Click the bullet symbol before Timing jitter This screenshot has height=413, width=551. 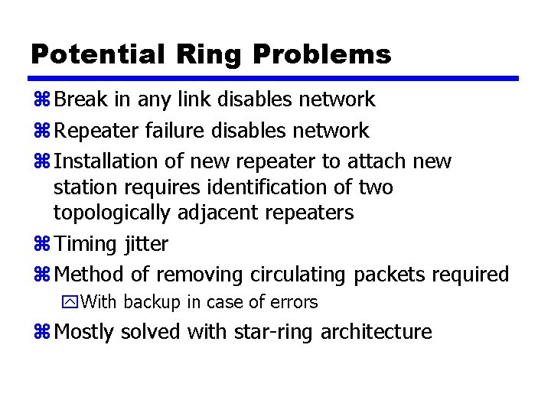click(41, 245)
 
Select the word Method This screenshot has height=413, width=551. click(86, 274)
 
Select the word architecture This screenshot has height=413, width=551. click(377, 332)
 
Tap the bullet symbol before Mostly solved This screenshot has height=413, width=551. click(41, 332)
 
